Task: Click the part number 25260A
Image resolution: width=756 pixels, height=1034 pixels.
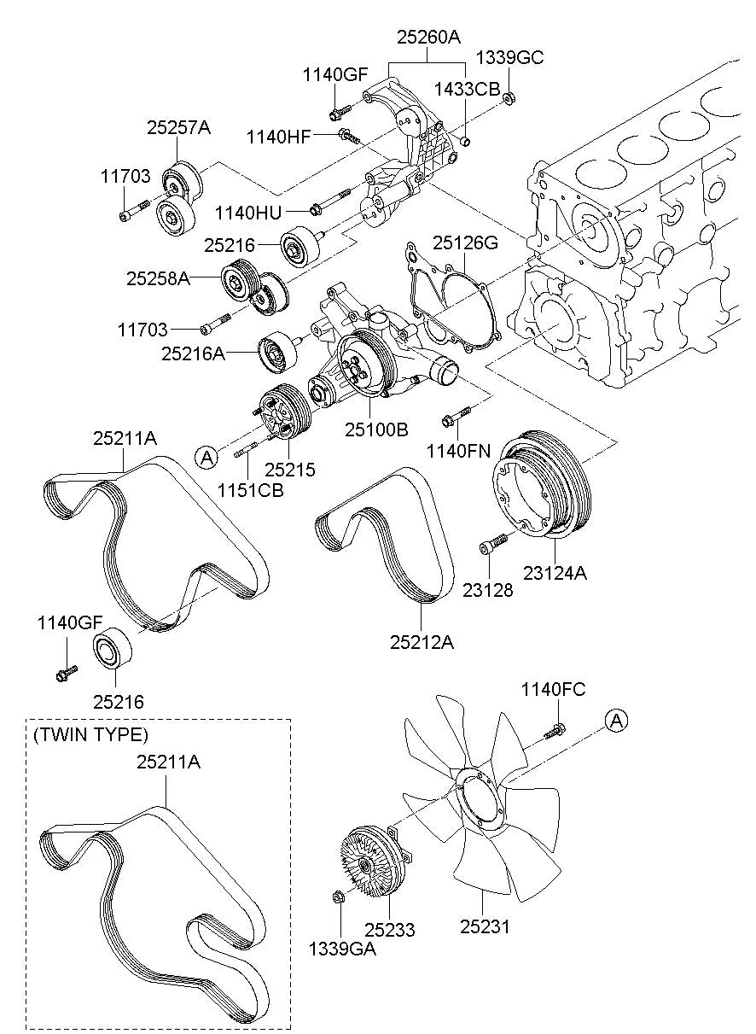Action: pos(428,37)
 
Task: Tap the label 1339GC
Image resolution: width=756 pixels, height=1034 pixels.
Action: pos(509,58)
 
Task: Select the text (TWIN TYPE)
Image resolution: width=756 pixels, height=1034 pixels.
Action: pos(90,734)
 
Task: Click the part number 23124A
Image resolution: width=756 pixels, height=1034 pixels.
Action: pos(555,574)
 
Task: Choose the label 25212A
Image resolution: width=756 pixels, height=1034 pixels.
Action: pos(422,641)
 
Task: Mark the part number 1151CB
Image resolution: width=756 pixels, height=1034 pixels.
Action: pos(249,490)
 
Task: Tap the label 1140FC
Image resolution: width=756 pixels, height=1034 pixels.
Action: pos(554,689)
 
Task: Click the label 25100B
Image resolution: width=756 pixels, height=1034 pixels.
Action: pos(376,429)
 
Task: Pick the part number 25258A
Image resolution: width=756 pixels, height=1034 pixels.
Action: pos(158,277)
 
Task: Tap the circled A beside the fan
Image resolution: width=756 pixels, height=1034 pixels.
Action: pos(616,721)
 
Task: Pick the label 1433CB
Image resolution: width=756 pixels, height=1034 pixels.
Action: pos(466,89)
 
